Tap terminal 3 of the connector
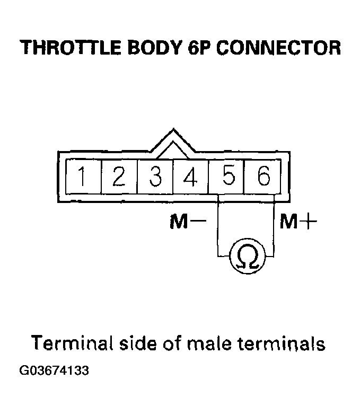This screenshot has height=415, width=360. pyautogui.click(x=155, y=176)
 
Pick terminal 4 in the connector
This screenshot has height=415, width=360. pyautogui.click(x=191, y=176)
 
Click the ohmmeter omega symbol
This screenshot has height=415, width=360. pyautogui.click(x=246, y=257)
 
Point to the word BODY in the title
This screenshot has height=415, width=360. pyautogui.click(x=150, y=48)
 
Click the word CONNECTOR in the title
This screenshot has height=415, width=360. pyautogui.click(x=278, y=48)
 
